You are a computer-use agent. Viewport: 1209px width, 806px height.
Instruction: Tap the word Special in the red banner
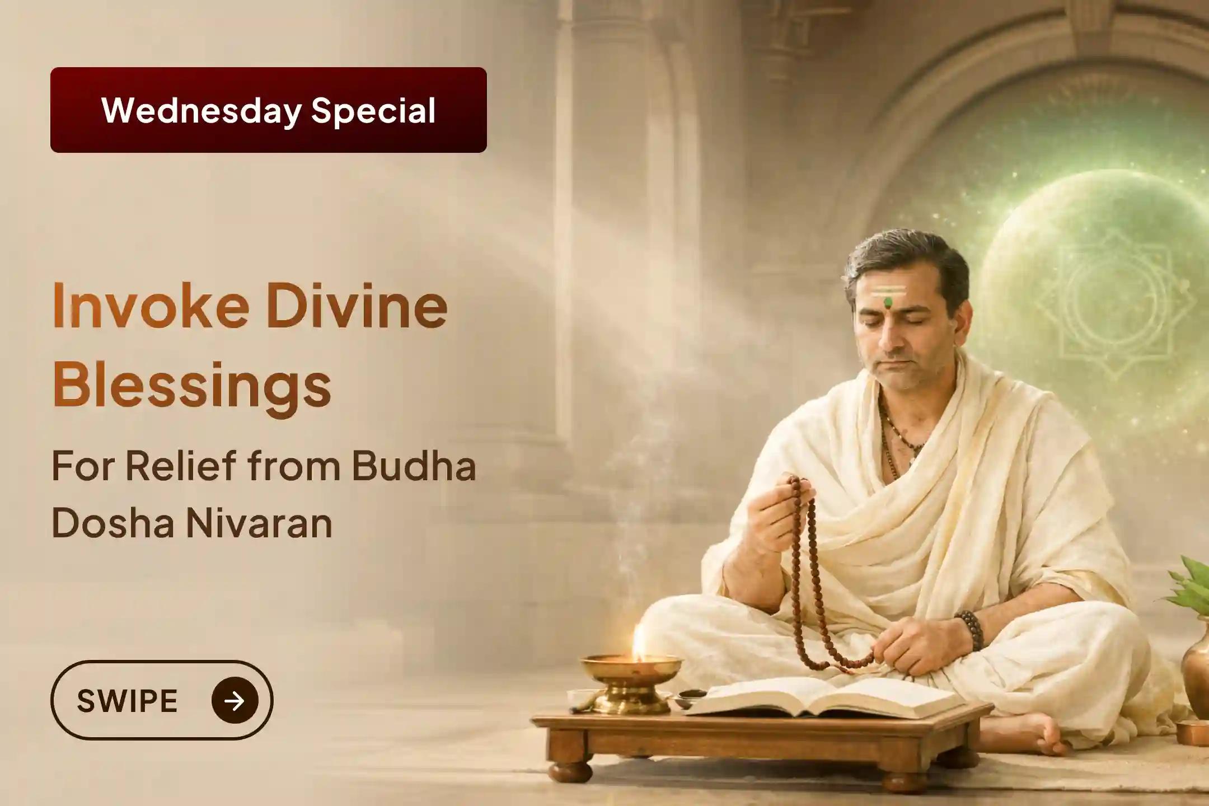click(373, 110)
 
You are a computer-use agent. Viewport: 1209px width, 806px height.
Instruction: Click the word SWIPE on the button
click(127, 700)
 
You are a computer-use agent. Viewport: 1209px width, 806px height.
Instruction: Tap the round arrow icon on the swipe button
click(235, 700)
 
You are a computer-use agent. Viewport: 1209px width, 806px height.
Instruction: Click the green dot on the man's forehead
click(887, 303)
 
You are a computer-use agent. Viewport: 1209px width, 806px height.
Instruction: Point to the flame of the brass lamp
click(638, 638)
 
